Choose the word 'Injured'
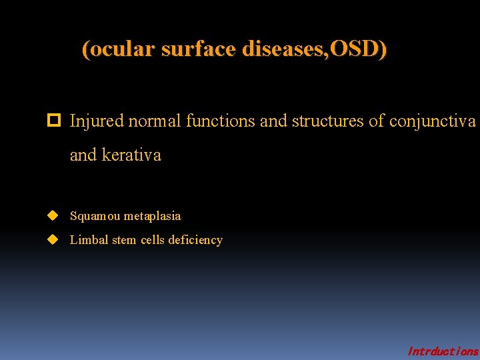tap(96, 121)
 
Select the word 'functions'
tap(220, 121)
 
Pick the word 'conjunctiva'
tap(432, 121)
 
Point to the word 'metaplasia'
tap(152, 216)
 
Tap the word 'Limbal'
tap(89, 240)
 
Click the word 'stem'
tap(124, 240)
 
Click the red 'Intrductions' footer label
tap(442, 351)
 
